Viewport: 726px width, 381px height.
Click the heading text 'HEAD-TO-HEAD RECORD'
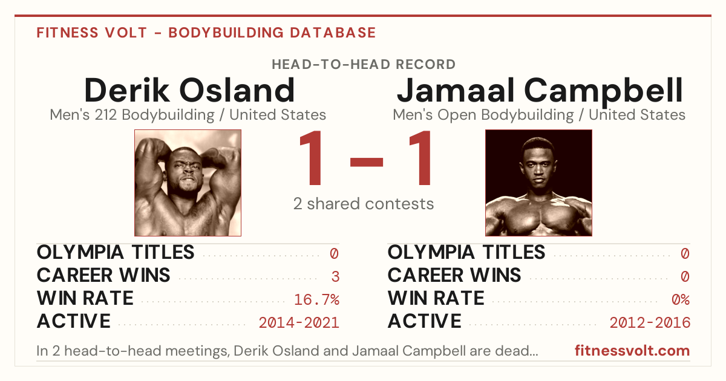364,65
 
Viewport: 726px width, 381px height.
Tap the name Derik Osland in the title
189,90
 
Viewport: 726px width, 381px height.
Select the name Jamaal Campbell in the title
540,91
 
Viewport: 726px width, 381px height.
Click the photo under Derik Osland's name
188,183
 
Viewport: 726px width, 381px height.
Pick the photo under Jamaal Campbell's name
538,183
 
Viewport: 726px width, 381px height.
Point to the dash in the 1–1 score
367,162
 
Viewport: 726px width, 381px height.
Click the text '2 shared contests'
364,204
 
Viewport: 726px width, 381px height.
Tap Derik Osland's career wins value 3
335,276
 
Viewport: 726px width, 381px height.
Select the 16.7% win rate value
316,299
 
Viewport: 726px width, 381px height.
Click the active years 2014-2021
299,323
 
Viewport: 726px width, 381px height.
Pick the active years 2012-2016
650,323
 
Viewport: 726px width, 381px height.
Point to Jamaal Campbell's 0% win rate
681,299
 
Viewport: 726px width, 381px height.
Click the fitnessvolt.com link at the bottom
632,351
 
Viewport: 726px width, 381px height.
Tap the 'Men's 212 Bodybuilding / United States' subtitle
188,115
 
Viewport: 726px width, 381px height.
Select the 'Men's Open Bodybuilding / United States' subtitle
539,115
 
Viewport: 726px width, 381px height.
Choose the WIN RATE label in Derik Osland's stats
85,298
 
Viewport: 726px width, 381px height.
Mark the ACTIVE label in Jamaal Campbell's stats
425,321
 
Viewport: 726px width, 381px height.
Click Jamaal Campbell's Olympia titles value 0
685,253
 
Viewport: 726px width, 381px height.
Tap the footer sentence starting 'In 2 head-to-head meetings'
287,351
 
